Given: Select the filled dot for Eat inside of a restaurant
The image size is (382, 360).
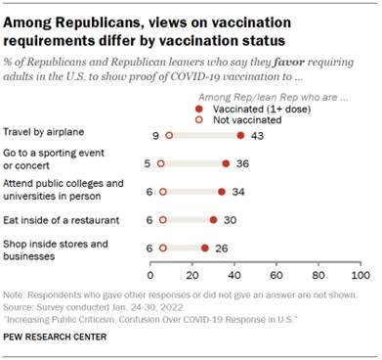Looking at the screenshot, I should click(214, 220).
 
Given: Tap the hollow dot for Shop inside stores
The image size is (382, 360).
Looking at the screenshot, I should click(163, 248).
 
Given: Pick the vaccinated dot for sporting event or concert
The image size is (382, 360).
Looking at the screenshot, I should click(226, 164).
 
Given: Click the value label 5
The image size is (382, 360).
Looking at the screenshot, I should click(147, 164).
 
